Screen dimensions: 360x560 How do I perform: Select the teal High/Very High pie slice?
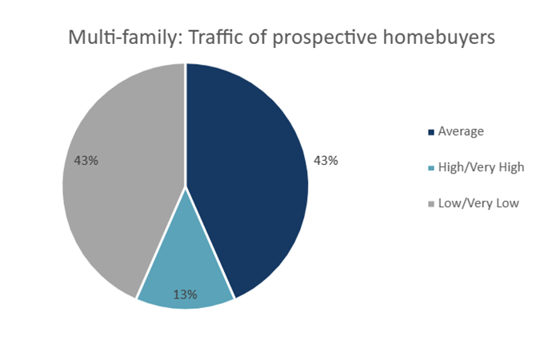pyautogui.click(x=186, y=268)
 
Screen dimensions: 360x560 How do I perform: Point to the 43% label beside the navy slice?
pyautogui.click(x=326, y=160)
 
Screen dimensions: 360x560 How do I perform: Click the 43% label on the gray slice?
pyautogui.click(x=86, y=160)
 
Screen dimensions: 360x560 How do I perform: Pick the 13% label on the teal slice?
pyautogui.click(x=186, y=294)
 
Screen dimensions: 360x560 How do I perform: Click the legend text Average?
pyautogui.click(x=462, y=131)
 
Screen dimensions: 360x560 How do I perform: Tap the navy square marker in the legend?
pyautogui.click(x=432, y=132)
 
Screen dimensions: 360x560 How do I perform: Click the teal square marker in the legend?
pyautogui.click(x=432, y=168)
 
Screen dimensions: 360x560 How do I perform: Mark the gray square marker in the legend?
pyautogui.click(x=432, y=204)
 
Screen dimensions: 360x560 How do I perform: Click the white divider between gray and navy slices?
pyautogui.click(x=186, y=120)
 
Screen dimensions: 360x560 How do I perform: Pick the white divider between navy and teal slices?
pyautogui.click(x=210, y=244)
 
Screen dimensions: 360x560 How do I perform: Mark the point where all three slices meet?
pyautogui.click(x=186, y=187)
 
